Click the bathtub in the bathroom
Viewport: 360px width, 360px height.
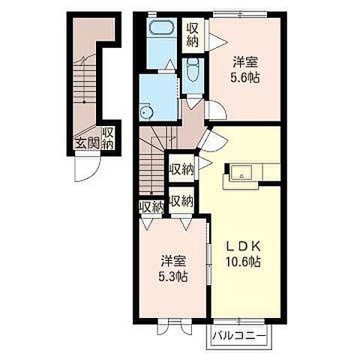tap(160, 28)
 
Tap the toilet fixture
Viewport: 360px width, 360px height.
tap(193, 70)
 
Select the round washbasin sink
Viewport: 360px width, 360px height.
tap(145, 112)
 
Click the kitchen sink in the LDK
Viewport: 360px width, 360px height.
tap(241, 172)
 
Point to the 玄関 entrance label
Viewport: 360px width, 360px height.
tap(88, 143)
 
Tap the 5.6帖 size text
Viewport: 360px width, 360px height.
tap(244, 78)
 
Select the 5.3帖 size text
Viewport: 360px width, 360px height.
tap(172, 277)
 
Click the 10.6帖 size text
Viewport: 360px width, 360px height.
tap(244, 262)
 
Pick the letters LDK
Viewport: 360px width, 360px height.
tap(244, 247)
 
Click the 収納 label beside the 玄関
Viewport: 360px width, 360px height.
tap(108, 139)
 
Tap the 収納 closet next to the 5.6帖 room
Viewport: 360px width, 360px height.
tap(193, 36)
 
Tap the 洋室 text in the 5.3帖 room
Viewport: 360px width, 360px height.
tap(172, 261)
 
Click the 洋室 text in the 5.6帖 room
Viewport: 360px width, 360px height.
tap(245, 62)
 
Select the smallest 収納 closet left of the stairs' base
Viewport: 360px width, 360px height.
tap(151, 206)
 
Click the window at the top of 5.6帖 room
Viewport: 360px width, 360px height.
tap(240, 14)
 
